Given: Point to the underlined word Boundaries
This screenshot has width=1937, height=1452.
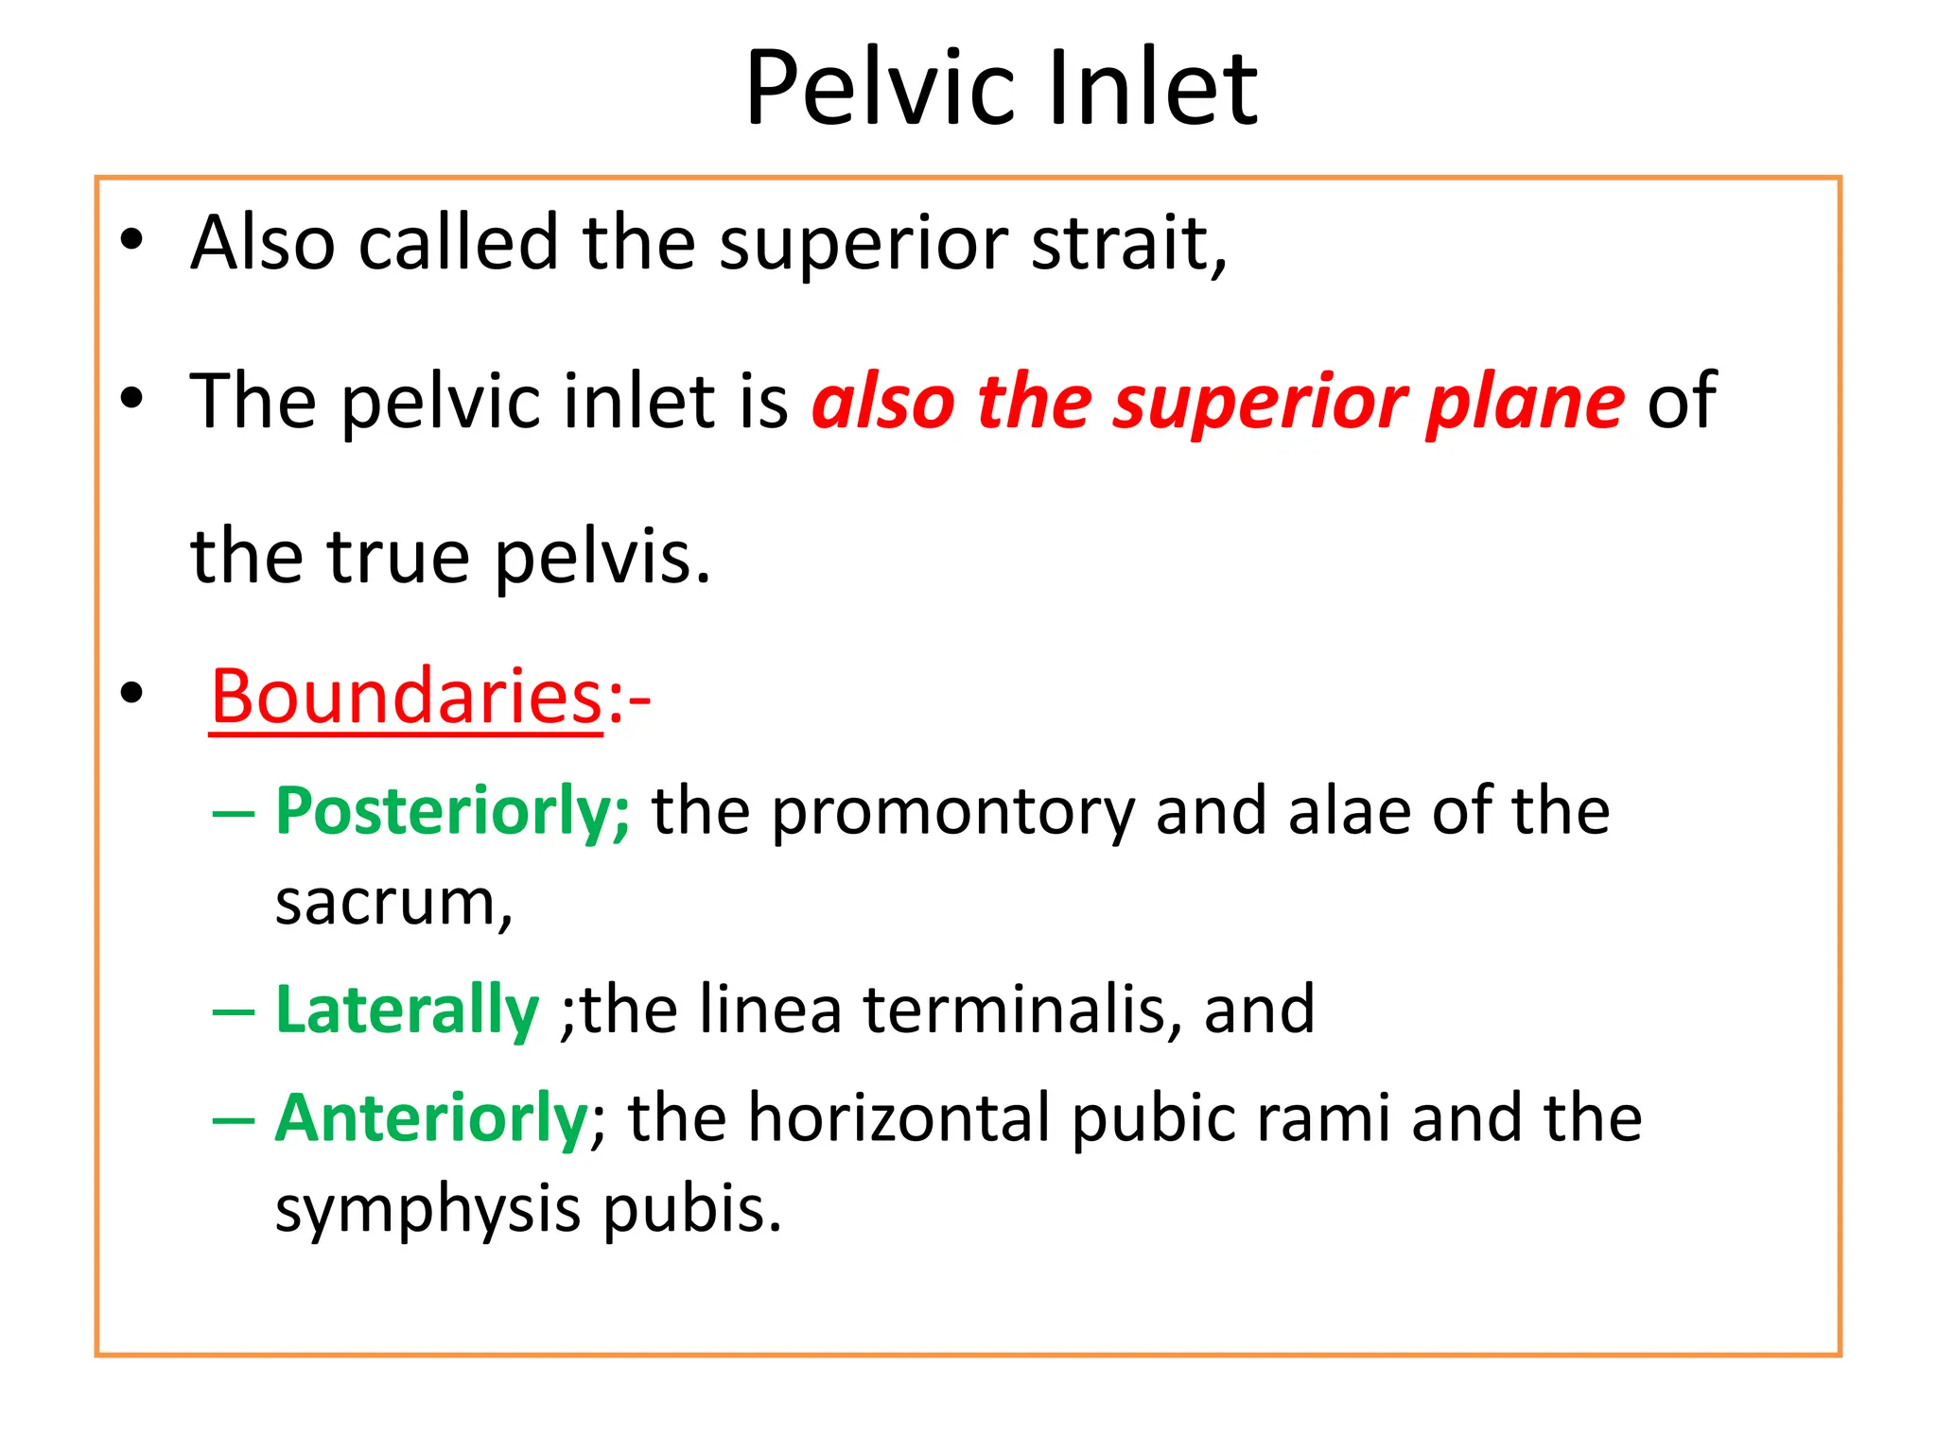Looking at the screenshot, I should [406, 697].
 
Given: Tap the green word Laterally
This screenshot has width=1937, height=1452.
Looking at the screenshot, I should [407, 1010].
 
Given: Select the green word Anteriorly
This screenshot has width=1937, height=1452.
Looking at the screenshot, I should [431, 1118].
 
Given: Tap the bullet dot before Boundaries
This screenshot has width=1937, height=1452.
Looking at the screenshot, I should [131, 693].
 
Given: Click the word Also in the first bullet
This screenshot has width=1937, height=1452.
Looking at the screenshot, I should [262, 243].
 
